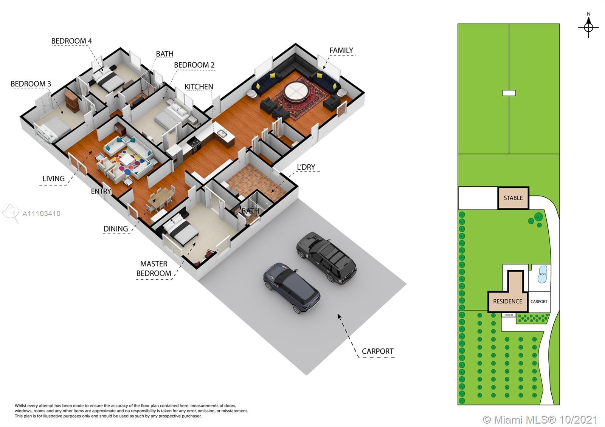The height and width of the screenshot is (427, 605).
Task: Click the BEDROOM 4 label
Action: (71, 41)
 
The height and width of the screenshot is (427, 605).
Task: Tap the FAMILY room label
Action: (341, 51)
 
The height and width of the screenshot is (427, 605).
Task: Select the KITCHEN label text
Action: (199, 87)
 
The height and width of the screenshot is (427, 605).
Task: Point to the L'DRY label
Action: (306, 167)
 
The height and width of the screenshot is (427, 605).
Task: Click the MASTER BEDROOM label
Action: (154, 269)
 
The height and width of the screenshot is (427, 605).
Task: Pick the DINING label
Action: (116, 229)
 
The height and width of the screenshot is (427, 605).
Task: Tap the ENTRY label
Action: (101, 191)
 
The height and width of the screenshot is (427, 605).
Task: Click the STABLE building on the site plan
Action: (513, 198)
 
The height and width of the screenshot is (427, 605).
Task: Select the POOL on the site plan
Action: (543, 274)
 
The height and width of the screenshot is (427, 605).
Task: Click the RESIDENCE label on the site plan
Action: (507, 302)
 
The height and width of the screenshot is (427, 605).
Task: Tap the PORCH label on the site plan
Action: (509, 315)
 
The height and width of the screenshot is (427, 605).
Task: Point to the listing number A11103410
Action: (41, 214)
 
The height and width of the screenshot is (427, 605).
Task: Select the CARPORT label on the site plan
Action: (539, 302)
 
